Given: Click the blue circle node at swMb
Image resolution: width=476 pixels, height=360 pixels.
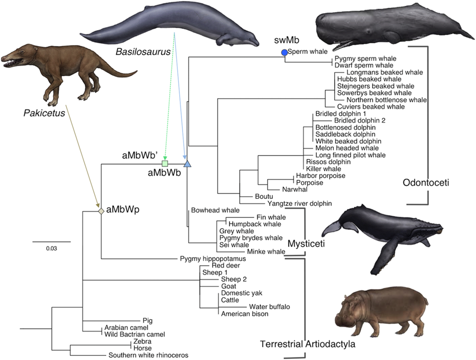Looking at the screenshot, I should coord(285,52).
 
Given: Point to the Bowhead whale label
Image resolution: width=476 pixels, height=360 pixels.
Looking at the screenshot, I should coord(212,210).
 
